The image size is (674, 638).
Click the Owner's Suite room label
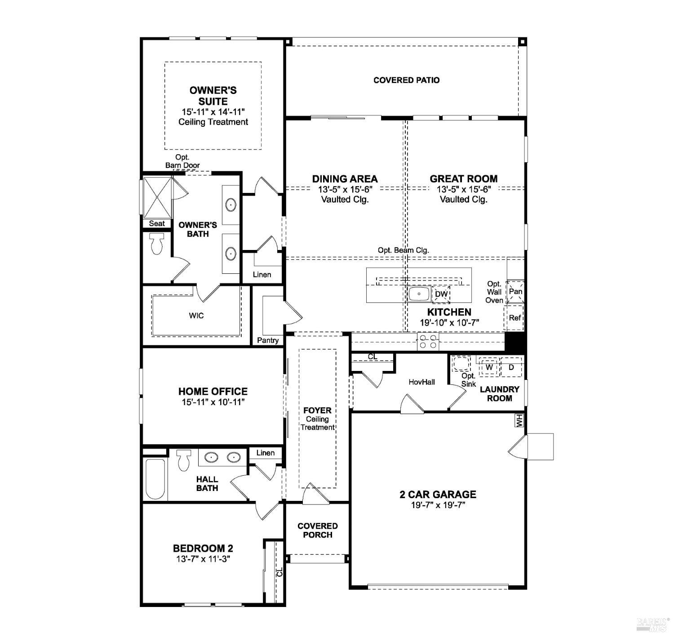click(213, 96)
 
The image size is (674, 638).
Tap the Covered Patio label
click(406, 80)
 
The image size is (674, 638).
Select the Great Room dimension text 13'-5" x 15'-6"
click(463, 189)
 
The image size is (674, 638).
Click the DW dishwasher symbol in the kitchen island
click(441, 294)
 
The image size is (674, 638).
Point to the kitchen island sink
click(419, 294)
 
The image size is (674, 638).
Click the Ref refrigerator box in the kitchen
click(515, 318)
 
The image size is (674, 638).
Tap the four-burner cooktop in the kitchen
click(428, 342)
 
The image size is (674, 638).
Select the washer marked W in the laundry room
click(489, 367)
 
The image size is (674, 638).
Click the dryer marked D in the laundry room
click(511, 367)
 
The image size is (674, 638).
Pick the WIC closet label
click(196, 316)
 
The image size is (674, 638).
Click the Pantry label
click(268, 340)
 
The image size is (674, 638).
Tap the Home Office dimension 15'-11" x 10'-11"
click(213, 402)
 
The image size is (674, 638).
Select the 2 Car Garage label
click(438, 494)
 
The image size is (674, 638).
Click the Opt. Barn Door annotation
click(182, 161)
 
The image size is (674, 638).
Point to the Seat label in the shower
click(157, 223)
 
